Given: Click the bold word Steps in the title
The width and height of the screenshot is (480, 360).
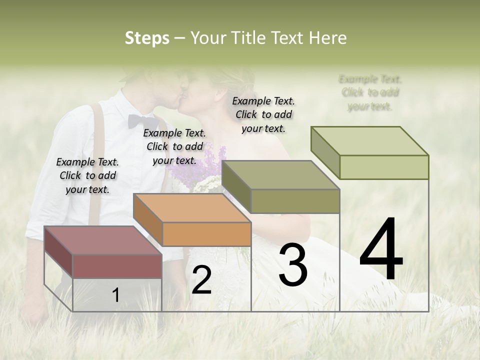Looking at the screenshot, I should pyautogui.click(x=147, y=38).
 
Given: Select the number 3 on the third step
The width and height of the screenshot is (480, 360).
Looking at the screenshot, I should pyautogui.click(x=292, y=265).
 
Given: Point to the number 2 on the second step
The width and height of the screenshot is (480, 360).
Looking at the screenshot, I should pyautogui.click(x=201, y=280).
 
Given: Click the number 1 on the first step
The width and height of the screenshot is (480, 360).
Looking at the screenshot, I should pyautogui.click(x=115, y=295).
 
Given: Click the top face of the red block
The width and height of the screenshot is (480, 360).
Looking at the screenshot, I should pyautogui.click(x=102, y=240).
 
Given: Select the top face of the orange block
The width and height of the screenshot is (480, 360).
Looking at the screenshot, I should pyautogui.click(x=191, y=208).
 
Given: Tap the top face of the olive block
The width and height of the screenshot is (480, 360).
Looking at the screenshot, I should pyautogui.click(x=280, y=175).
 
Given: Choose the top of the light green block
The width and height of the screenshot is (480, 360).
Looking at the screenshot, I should pyautogui.click(x=369, y=141).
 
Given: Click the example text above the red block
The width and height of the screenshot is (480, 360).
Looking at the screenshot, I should pyautogui.click(x=87, y=175).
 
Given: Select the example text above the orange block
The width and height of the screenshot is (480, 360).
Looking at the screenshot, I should pyautogui.click(x=174, y=146).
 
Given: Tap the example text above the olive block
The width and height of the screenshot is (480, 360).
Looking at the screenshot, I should pyautogui.click(x=263, y=114).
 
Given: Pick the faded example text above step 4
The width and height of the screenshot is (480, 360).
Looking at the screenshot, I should pyautogui.click(x=370, y=92).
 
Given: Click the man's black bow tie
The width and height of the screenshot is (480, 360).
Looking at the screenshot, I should pyautogui.click(x=142, y=121).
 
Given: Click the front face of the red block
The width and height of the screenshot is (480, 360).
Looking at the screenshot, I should pyautogui.click(x=117, y=266).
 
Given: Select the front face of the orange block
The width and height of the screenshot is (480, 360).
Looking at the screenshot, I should pyautogui.click(x=206, y=234).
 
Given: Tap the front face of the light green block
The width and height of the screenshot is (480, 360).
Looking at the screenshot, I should pyautogui.click(x=383, y=167).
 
